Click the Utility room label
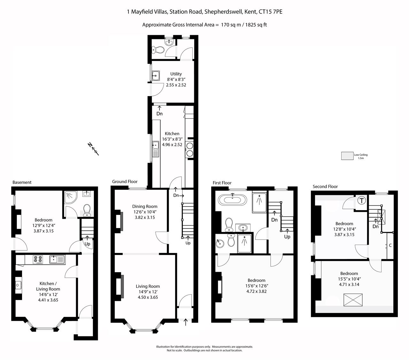point(176,74)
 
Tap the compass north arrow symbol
point(93,149)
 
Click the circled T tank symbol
point(361,201)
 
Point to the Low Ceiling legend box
point(347,156)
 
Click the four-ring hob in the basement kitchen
point(38,260)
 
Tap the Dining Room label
point(144,206)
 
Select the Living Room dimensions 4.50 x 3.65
point(148,297)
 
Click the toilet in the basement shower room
point(87,211)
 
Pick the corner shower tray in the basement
point(70,197)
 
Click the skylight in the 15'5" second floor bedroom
point(353,300)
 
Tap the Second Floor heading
point(325,187)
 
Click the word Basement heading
point(22,182)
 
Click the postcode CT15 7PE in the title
point(271,12)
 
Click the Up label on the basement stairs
point(87,244)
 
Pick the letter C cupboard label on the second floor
point(390,245)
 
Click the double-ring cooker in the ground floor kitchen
point(189,149)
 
